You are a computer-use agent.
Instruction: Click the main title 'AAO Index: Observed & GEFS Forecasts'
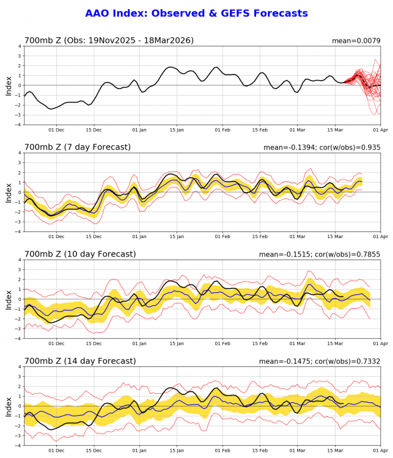tap(196, 13)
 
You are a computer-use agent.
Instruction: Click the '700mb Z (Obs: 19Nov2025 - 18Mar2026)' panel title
tap(109, 41)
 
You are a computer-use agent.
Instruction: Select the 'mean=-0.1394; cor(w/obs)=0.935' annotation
tap(321, 148)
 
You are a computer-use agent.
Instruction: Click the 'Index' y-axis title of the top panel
tap(9, 85)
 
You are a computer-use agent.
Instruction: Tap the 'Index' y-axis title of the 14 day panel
tap(9, 406)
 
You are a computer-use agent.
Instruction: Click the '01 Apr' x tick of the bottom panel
tap(380, 450)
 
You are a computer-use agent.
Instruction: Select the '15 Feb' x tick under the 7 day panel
tap(260, 236)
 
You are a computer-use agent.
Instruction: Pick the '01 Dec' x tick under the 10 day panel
tap(56, 343)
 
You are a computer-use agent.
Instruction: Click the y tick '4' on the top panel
tap(20, 46)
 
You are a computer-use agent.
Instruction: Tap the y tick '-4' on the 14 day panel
tap(18, 445)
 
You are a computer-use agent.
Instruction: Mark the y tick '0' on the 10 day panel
tap(20, 299)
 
